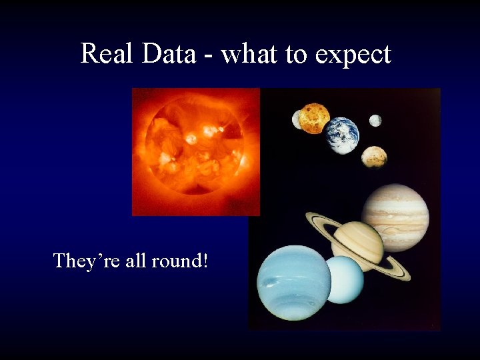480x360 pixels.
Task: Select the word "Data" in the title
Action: [x=168, y=53]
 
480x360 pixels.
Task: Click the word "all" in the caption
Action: [x=136, y=260]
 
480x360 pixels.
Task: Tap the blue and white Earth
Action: [x=343, y=135]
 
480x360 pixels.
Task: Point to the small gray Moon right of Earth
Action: [x=375, y=121]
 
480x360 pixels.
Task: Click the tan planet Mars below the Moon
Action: [x=374, y=157]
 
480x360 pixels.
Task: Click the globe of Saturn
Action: [x=358, y=244]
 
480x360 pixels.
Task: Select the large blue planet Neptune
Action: [x=293, y=283]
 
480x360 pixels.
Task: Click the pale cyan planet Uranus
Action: [x=344, y=280]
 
